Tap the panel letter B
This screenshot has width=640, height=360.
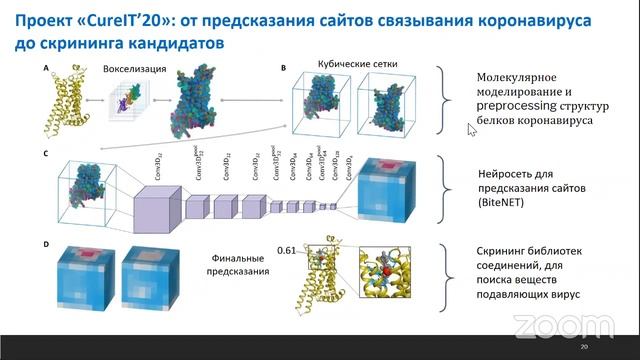[284, 68]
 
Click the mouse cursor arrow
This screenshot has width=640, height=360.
[471, 128]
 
